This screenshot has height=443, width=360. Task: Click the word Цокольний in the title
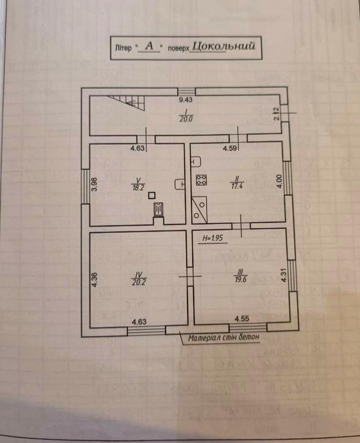pos(224,46)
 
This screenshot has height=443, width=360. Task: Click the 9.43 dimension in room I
pos(186,100)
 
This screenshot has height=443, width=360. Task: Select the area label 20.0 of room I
pos(185,118)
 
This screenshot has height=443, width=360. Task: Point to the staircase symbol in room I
pos(129,103)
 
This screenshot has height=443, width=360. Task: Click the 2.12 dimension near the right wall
pos(276,114)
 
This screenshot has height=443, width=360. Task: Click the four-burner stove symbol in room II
pos(202,179)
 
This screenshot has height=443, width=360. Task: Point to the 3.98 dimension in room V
pos(94,183)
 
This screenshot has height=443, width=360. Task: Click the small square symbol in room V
pos(152,196)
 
